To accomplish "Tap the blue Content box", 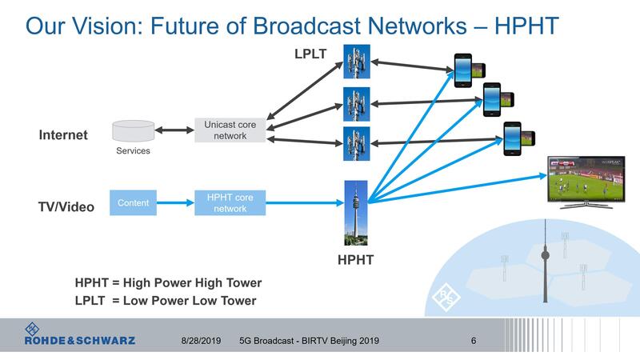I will tap(134, 203).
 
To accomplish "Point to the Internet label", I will tap(63, 135).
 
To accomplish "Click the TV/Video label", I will tap(67, 207).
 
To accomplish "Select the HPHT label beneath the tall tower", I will tap(355, 260).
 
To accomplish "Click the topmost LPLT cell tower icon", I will tap(356, 61).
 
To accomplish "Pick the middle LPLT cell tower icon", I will tap(356, 102).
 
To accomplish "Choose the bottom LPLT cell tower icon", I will tap(356, 144).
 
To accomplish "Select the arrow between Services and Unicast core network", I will tap(174, 130).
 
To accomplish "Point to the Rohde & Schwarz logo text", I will tap(80, 340).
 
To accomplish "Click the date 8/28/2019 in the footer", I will tap(201, 341).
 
